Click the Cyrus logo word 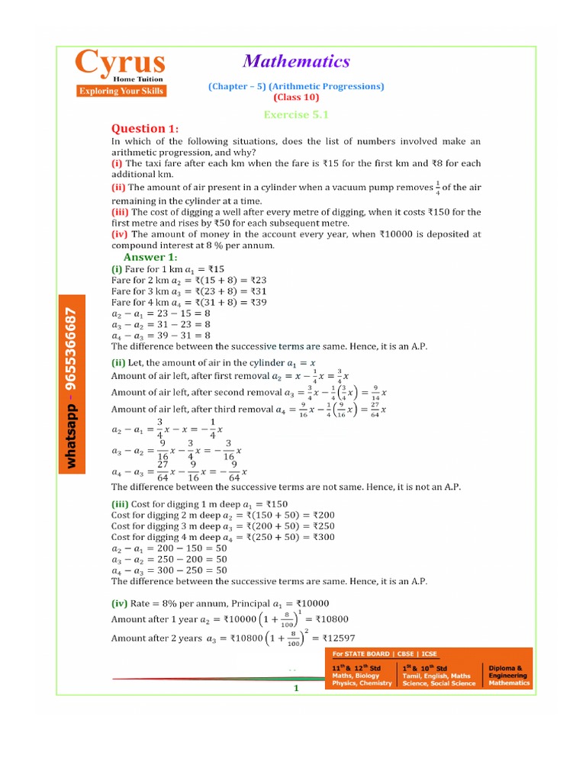(119, 63)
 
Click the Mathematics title (296, 62)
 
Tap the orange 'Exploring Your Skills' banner (120, 92)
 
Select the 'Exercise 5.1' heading (295, 114)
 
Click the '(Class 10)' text (296, 98)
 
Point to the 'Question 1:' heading (145, 128)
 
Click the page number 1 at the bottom (295, 688)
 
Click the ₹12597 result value (338, 638)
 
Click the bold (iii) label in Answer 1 (121, 504)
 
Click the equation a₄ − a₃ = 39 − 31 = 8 (161, 335)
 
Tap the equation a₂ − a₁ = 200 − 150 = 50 (169, 548)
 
